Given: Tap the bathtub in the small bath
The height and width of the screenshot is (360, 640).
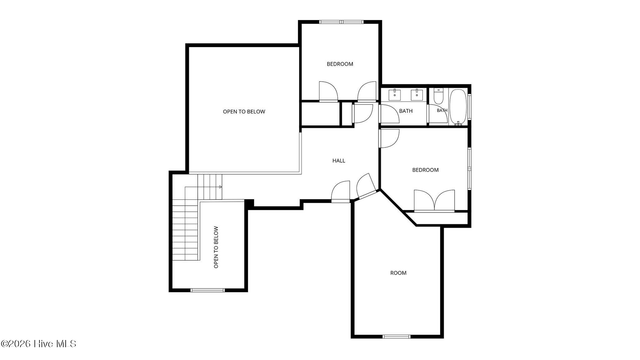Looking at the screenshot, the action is tap(458, 107).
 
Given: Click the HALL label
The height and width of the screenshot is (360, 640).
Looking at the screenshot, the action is tap(339, 161).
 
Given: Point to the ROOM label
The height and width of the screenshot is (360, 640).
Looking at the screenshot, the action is tap(398, 273).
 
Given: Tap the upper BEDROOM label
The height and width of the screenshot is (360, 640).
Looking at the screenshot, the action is tap(340, 64).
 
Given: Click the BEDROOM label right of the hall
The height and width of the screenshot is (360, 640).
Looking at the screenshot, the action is tap(425, 170).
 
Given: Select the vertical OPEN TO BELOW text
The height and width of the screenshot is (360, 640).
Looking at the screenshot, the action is tap(216, 247).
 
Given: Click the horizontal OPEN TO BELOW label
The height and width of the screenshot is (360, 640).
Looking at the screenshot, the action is tap(244, 112).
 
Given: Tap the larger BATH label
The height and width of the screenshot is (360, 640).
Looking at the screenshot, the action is tap(406, 111).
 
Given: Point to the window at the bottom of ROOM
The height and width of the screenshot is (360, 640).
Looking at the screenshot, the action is tap(397, 337).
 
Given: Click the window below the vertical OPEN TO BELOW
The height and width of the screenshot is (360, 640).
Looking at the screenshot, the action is tap(208, 290).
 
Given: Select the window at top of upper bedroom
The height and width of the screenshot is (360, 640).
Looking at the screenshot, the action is tap(342, 22).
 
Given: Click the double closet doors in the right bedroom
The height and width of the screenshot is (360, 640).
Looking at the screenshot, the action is tap(434, 201).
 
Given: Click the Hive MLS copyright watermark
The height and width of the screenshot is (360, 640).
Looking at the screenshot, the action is tap(38, 344).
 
